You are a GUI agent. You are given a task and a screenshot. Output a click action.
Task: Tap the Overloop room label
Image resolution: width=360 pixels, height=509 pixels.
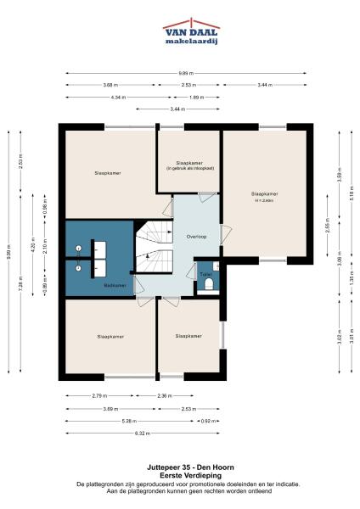click(x=186, y=235)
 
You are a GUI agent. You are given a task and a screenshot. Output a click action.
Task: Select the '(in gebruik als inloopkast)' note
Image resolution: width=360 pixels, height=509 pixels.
click(x=188, y=172)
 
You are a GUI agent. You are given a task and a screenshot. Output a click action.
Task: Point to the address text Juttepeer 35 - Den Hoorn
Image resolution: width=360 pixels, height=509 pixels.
click(x=180, y=467)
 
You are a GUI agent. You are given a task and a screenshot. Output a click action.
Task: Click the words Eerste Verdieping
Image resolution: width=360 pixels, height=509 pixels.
click(x=180, y=475)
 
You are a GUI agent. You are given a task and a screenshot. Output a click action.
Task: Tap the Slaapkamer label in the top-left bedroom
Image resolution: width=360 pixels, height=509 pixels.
click(x=107, y=173)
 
